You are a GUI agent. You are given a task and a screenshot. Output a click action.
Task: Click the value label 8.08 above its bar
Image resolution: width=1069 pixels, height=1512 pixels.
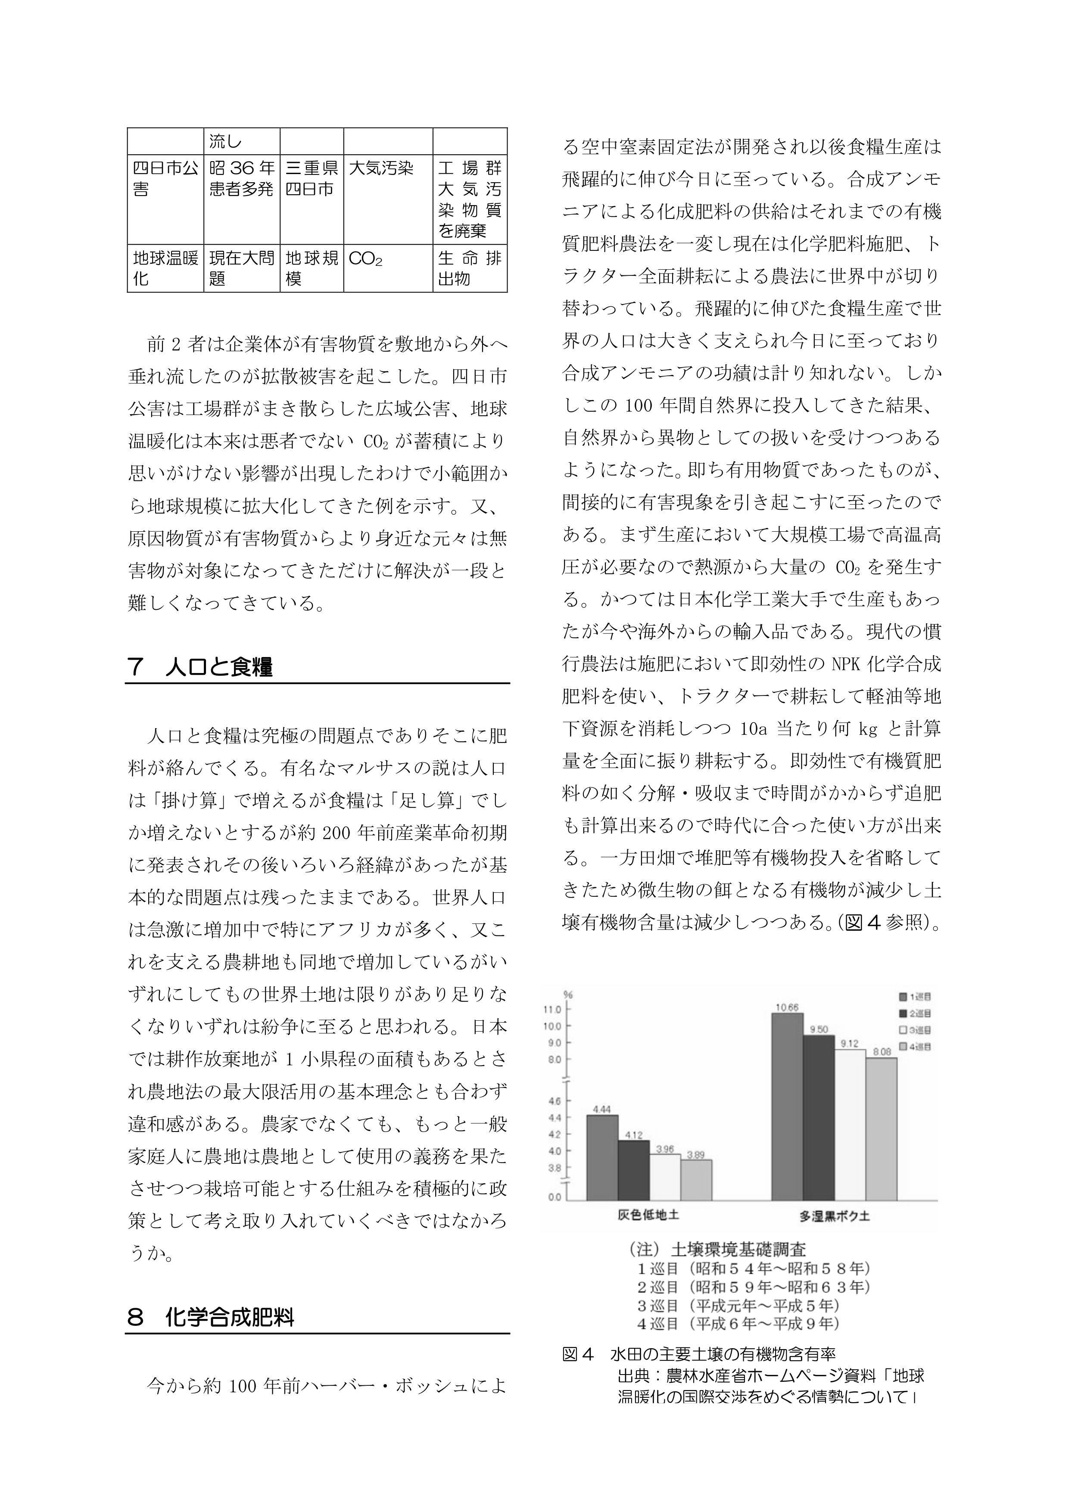(881, 1052)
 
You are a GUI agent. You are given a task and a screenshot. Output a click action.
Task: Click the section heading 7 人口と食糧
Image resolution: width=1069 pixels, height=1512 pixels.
(200, 667)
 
